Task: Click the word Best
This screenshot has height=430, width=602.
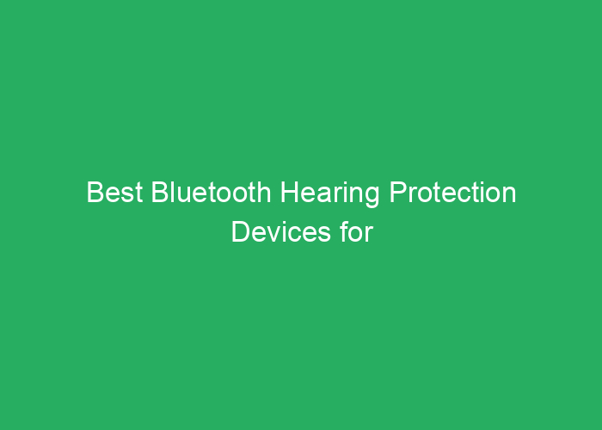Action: coord(115,193)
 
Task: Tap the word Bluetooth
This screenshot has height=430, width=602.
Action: coord(211,193)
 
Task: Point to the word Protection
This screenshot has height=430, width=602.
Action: coord(452,193)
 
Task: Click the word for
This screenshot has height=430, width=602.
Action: coord(354,232)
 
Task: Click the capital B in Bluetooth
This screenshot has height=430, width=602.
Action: coord(161,193)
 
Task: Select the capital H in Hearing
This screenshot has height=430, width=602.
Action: coord(289,193)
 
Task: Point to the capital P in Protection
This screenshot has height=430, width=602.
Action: coord(397,193)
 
